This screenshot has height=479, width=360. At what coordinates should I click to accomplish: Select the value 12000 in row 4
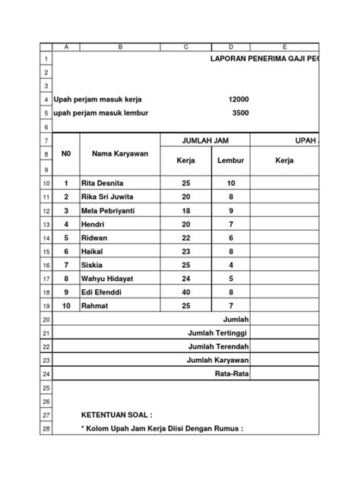click(x=238, y=99)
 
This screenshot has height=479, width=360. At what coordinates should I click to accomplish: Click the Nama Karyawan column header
click(x=119, y=154)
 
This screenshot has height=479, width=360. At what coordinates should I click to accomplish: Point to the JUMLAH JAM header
click(x=206, y=141)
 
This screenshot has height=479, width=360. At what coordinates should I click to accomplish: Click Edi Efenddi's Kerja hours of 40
click(x=186, y=291)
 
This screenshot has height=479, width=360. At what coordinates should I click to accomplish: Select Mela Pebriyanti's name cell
click(x=114, y=210)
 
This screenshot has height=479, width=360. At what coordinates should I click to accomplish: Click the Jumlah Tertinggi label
click(x=218, y=332)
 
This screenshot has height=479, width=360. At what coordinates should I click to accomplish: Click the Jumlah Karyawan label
click(x=218, y=360)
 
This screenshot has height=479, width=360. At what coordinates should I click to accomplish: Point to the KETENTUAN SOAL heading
click(x=116, y=415)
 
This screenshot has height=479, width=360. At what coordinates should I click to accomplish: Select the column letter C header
click(x=185, y=46)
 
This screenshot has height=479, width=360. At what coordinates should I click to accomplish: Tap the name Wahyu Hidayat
click(x=112, y=278)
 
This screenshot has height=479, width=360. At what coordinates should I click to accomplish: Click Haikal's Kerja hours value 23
click(x=186, y=251)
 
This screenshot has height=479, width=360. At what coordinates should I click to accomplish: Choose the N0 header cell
click(x=66, y=154)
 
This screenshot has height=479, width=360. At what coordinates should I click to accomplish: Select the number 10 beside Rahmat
click(x=66, y=305)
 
